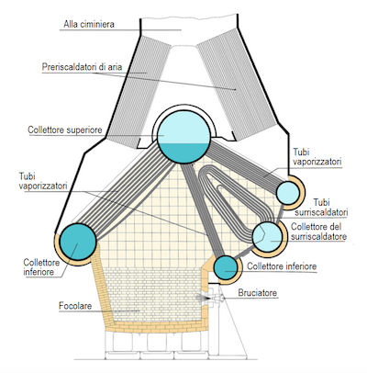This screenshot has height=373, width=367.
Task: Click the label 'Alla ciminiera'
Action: point(89,24)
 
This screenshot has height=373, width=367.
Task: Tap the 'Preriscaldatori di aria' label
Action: point(82,67)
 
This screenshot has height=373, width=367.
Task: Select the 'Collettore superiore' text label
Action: point(65,130)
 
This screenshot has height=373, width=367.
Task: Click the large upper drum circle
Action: point(183,136)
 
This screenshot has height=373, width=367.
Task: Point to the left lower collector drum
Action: point(78,242)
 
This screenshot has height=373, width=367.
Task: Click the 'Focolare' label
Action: point(75,306)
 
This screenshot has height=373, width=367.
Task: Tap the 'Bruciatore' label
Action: point(258,293)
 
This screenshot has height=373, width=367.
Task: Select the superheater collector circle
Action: point(267,237)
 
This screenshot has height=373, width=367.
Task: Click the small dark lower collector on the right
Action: point(226,267)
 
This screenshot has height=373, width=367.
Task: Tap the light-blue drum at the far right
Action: point(288,193)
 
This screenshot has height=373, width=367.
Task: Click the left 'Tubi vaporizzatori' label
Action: point(43,181)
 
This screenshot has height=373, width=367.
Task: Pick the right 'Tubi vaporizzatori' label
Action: point(317,157)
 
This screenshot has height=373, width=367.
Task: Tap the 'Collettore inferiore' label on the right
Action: point(282,266)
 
